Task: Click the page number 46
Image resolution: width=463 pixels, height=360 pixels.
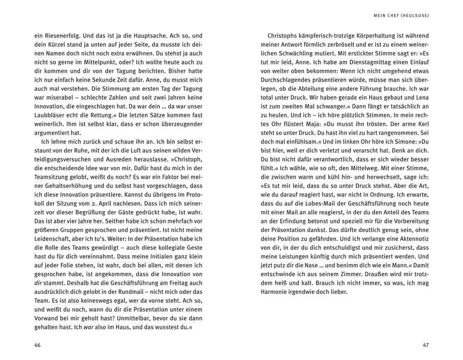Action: (37, 345)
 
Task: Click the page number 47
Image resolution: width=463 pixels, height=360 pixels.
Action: (425, 345)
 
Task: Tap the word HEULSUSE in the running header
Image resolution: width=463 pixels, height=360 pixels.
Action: (414, 15)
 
